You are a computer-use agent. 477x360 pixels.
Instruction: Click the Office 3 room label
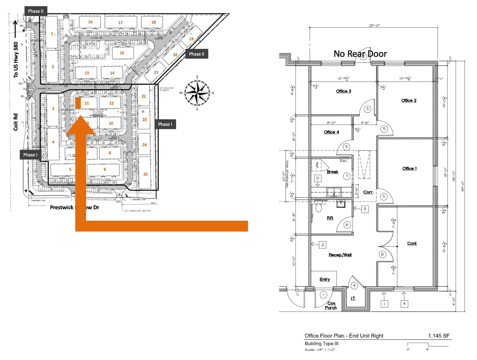click(343, 91)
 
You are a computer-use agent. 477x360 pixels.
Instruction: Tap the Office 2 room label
click(408, 101)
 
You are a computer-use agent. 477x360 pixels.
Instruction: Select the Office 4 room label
click(331, 132)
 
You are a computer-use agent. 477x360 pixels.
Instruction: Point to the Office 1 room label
click(409, 169)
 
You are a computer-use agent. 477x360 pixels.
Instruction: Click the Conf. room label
click(412, 243)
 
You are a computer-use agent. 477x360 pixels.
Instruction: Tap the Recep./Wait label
click(340, 255)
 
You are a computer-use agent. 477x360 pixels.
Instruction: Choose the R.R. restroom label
click(330, 218)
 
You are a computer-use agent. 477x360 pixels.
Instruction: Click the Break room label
click(332, 172)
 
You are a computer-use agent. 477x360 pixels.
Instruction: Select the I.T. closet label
click(353, 298)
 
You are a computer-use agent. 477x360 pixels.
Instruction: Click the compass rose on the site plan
click(197, 93)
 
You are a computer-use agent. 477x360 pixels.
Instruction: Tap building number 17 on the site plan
click(120, 23)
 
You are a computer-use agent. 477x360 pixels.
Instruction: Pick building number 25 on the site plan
click(145, 174)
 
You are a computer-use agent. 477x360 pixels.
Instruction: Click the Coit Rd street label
click(15, 122)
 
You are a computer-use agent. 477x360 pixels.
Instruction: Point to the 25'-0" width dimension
click(374, 25)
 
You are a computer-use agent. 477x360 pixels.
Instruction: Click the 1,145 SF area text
click(439, 336)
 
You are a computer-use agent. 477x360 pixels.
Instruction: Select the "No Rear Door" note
click(360, 54)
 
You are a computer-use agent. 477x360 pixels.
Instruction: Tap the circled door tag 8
click(382, 254)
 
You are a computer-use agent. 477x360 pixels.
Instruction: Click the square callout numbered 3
click(365, 209)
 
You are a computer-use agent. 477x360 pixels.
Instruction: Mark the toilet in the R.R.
click(319, 208)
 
